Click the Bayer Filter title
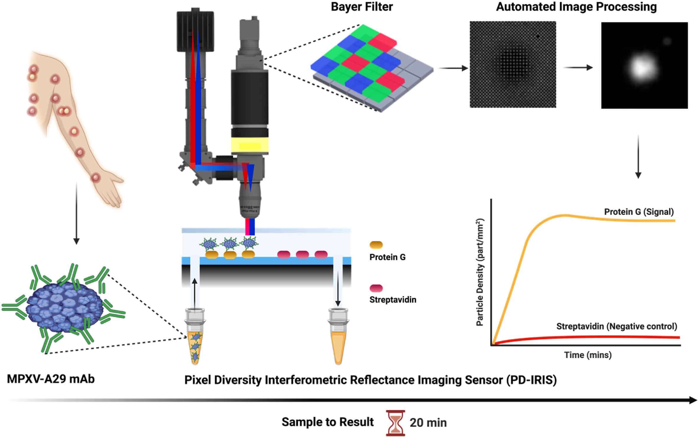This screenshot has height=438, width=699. click(362, 7)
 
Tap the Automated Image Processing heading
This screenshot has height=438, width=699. click(576, 7)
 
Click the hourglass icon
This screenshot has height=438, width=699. click(395, 422)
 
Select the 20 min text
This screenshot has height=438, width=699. click(428, 423)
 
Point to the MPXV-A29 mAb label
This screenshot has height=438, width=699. click(51, 379)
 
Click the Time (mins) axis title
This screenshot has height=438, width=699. click(588, 355)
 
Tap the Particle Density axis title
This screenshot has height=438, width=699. click(480, 272)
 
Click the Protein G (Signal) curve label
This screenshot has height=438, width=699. click(639, 212)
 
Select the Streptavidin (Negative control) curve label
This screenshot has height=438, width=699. click(616, 326)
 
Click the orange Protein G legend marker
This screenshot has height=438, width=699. click(376, 245)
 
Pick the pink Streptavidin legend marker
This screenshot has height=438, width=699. click(376, 288)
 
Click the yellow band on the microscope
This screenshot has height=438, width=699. click(250, 145)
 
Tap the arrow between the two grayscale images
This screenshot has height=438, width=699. click(578, 68)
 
